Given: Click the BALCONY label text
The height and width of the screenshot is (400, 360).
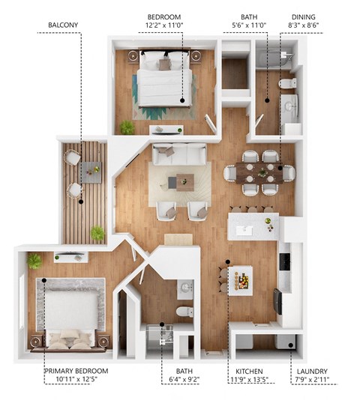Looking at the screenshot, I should point(63,25).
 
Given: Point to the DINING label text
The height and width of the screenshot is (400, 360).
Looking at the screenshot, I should point(304,16).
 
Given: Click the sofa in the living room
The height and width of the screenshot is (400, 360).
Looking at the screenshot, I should point(180,154).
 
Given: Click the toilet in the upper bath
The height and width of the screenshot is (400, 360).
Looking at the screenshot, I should point(286,84).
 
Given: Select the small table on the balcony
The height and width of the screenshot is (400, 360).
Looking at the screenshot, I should point(91,172).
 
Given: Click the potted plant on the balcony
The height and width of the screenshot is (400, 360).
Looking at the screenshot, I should point(97,233).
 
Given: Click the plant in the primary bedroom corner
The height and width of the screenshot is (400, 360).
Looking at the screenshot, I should point(34,261).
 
